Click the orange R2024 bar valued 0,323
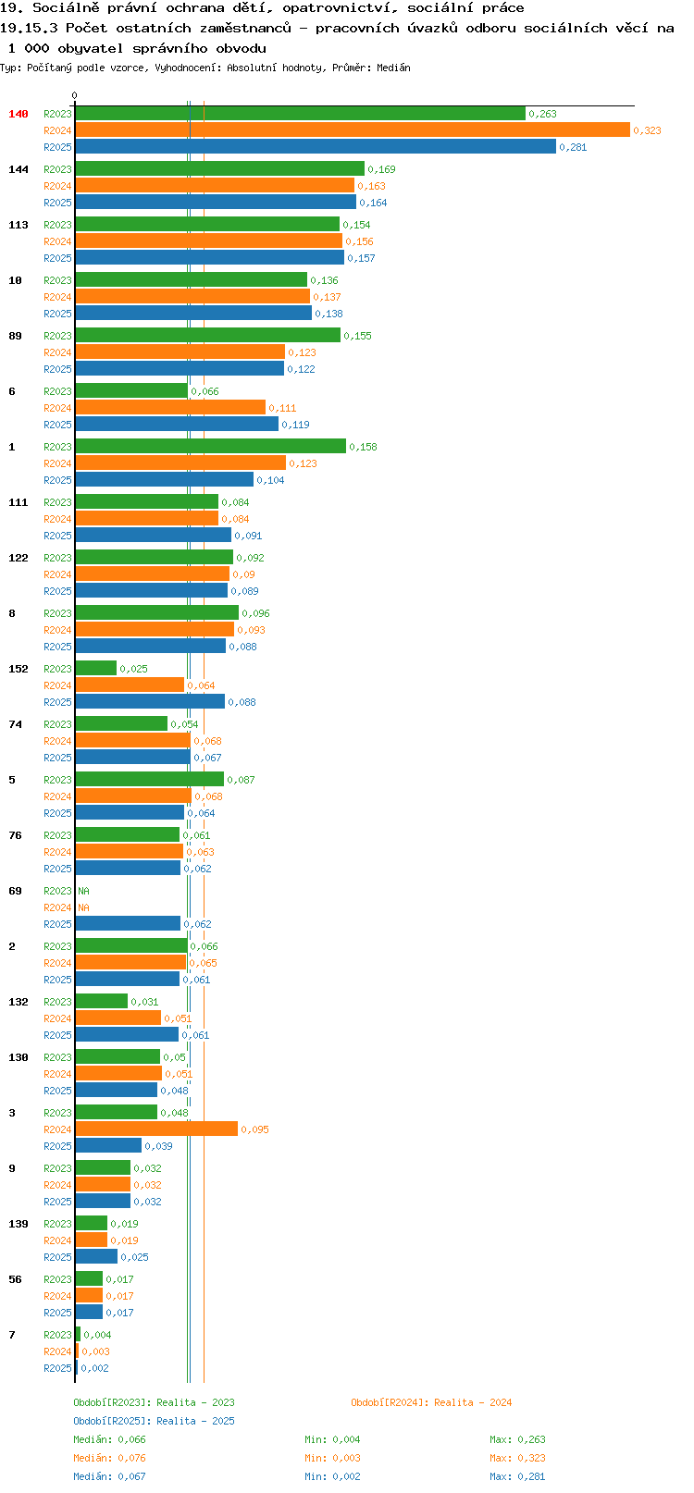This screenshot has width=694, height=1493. pos(353,130)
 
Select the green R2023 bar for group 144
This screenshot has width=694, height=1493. pos(220,168)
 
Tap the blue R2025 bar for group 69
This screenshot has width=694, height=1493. pos(128,923)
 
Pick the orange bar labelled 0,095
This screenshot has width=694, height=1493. pos(156,1129)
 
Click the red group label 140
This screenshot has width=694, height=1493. pos(19,114)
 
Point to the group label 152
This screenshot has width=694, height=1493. pos(19,669)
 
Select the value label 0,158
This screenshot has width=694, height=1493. pos(364,447)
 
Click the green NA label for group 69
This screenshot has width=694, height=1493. pos(84,891)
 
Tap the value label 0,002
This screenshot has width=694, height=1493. pos(95,1368)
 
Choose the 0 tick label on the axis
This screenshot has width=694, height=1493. pos(75,95)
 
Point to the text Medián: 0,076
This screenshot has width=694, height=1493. pos(109,1458)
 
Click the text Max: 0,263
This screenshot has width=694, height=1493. pos(517,1439)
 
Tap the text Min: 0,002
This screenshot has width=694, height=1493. pos(333,1476)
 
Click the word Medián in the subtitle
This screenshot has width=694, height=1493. pos(393,68)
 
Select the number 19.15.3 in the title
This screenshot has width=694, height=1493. pos(29,28)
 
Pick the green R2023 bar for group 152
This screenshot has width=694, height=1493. pos(96,668)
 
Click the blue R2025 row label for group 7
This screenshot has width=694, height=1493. pos(57,1368)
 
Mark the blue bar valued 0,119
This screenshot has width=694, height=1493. pos(177,424)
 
